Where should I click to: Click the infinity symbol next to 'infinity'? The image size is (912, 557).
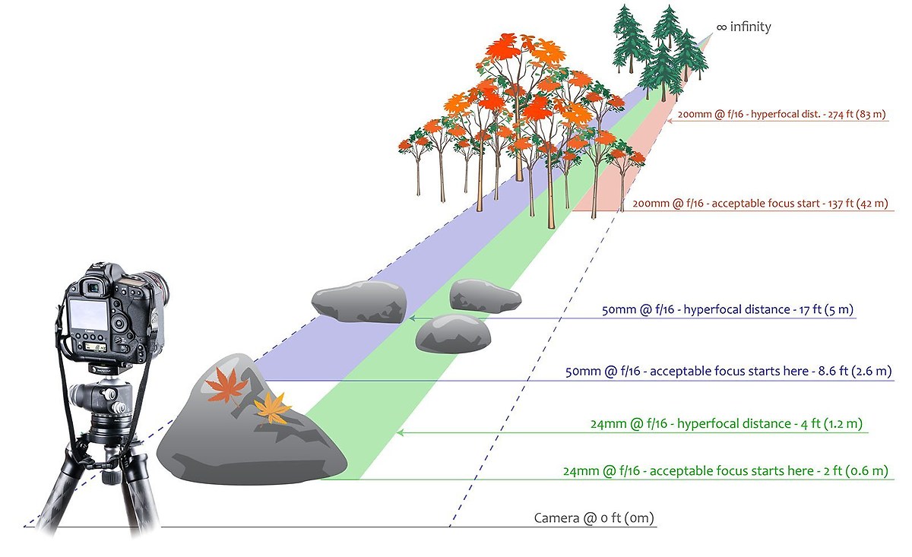(x=721, y=27)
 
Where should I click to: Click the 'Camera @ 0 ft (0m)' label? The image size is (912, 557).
(x=594, y=519)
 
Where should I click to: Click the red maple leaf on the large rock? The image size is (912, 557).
(x=226, y=385)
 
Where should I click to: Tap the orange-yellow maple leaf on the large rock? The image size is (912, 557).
(x=271, y=408)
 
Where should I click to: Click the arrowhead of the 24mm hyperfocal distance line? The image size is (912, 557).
(x=401, y=432)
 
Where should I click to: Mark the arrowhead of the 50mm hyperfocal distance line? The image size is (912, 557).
(x=411, y=318)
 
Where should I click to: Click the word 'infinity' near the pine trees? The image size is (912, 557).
(x=750, y=27)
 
